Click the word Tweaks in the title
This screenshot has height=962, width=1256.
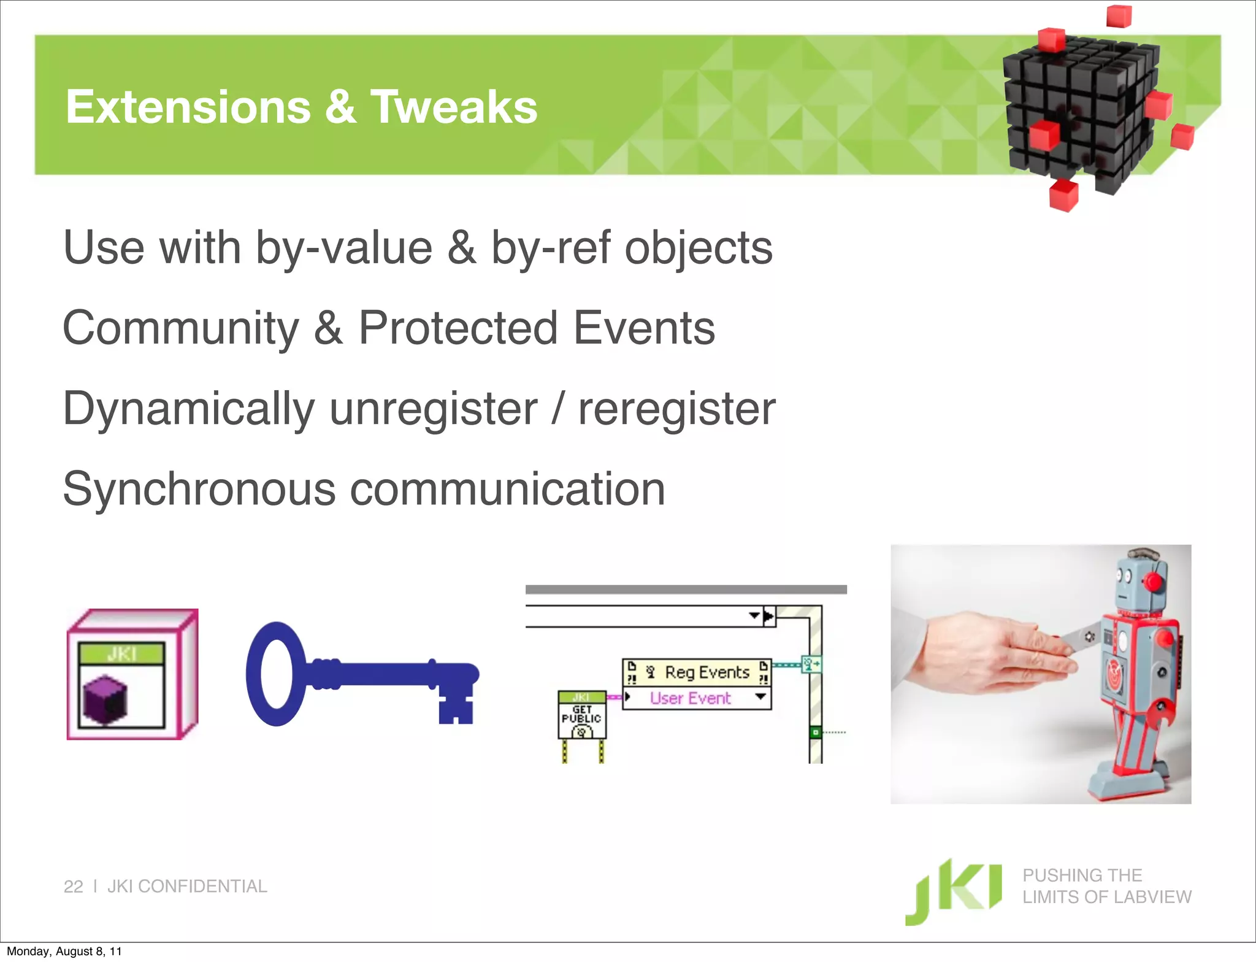point(453,107)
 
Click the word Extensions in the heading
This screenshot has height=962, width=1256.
point(188,107)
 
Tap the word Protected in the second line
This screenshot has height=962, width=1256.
point(458,328)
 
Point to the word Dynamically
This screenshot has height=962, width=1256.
point(189,410)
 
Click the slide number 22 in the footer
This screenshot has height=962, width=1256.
point(73,887)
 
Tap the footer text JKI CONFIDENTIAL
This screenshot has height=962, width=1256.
point(187,887)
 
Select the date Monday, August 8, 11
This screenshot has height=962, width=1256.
point(64,952)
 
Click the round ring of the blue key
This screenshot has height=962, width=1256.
point(275,674)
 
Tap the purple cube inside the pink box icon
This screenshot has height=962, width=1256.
point(105,699)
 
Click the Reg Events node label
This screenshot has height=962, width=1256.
point(706,672)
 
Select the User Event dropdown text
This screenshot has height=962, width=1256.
point(690,698)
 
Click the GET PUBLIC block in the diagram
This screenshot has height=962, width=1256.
point(581,715)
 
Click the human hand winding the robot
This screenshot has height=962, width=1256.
point(987,656)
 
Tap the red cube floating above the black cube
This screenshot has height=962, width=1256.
point(1118,15)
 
